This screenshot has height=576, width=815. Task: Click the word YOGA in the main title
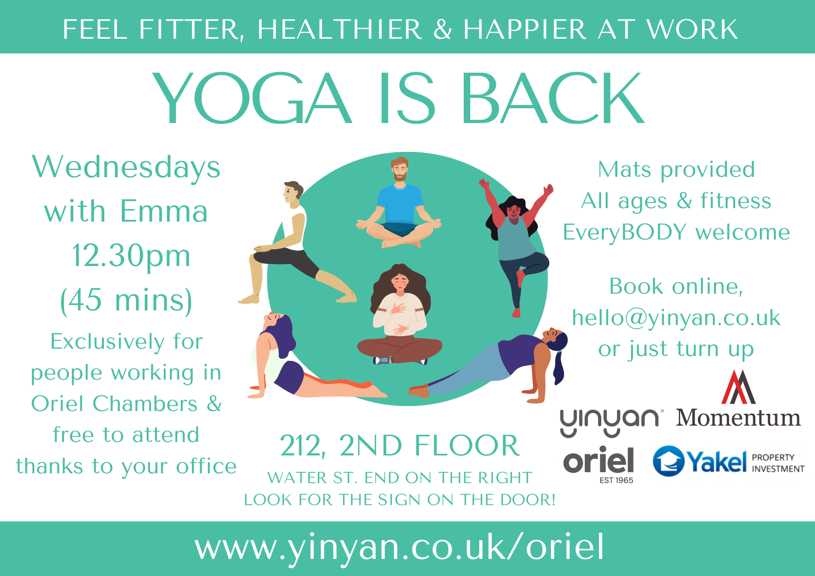[x=252, y=98]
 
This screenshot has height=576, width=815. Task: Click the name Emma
[x=164, y=211]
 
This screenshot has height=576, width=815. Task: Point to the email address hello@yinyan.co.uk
[x=676, y=319]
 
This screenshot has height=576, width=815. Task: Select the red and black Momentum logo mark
[x=738, y=387]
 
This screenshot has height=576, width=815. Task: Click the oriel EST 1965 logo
[x=599, y=464]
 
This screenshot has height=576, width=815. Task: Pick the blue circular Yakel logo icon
[x=669, y=461]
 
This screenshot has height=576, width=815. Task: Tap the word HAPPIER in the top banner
[x=524, y=30]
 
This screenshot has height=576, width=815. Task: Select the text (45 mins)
[x=126, y=301]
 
